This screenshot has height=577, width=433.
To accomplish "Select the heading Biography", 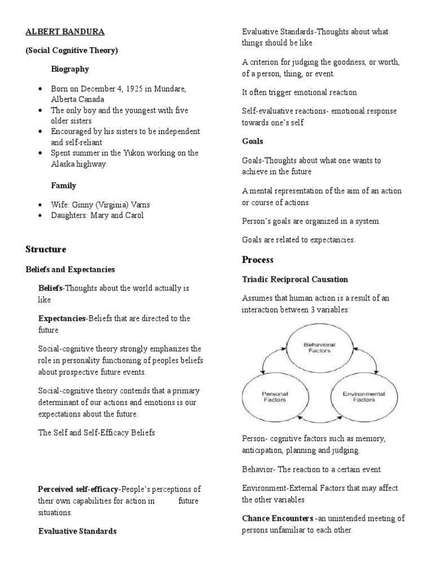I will (x=70, y=69).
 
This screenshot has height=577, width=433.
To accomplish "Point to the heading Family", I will (x=63, y=185).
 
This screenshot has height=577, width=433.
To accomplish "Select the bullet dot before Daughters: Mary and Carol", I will (x=41, y=215).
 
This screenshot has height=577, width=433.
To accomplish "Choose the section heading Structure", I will (x=46, y=249).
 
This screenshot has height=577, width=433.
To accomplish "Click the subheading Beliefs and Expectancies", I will (x=70, y=270).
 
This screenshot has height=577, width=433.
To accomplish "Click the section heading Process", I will (x=257, y=260).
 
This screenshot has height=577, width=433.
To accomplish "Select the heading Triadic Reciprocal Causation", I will (x=295, y=279).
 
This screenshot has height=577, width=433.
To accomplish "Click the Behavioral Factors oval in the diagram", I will (x=317, y=347).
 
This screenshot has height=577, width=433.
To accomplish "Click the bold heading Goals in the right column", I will (x=253, y=141).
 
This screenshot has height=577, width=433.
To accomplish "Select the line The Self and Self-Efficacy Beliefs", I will (x=96, y=433).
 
